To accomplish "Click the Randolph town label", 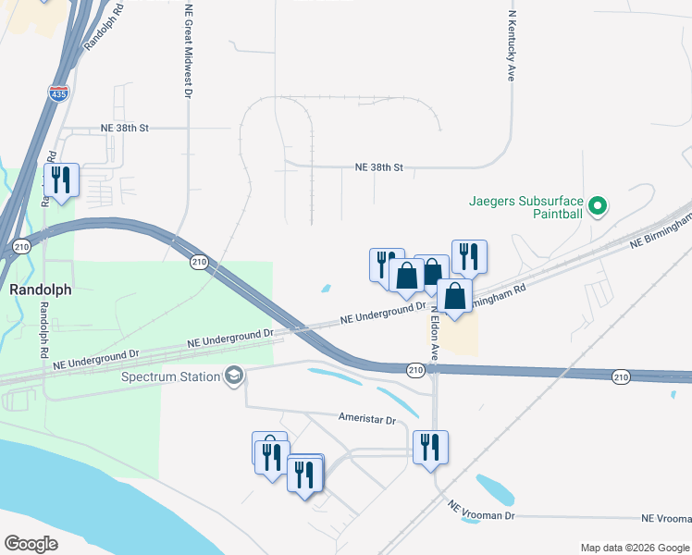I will pyautogui.click(x=41, y=290).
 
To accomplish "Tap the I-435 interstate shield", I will pyautogui.click(x=58, y=92).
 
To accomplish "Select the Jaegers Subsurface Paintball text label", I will pyautogui.click(x=526, y=206).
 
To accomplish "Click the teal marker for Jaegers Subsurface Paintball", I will pyautogui.click(x=598, y=206).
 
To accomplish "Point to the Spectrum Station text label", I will pyautogui.click(x=171, y=376).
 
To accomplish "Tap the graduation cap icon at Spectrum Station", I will pyautogui.click(x=234, y=376).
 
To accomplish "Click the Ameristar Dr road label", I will pyautogui.click(x=366, y=419).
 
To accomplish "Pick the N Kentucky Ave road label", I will pyautogui.click(x=511, y=46).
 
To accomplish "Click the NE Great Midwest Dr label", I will pyautogui.click(x=189, y=51).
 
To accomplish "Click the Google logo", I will pyautogui.click(x=31, y=544).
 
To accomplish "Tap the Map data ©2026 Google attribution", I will pyautogui.click(x=634, y=548).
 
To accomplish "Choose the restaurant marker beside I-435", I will pyautogui.click(x=61, y=180).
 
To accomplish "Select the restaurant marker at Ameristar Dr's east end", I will pyautogui.click(x=430, y=448).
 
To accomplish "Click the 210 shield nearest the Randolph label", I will pyautogui.click(x=22, y=246).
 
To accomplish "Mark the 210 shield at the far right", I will pyautogui.click(x=620, y=376).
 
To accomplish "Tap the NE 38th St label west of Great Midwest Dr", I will pyautogui.click(x=125, y=129).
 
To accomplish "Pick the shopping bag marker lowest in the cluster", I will pyautogui.click(x=454, y=297).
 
